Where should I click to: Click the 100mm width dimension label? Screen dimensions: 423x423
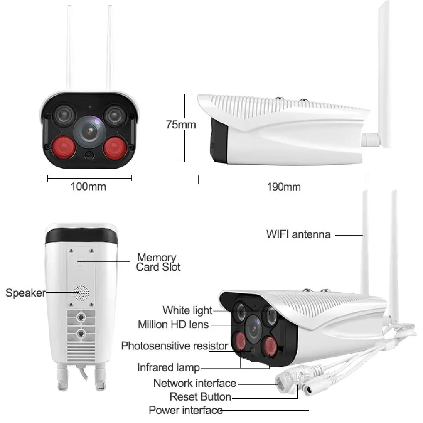pos(88,186)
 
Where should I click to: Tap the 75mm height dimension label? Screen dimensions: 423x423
pos(181,124)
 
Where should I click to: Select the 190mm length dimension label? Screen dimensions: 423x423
pos(284,187)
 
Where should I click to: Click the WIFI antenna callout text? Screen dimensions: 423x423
pos(298,234)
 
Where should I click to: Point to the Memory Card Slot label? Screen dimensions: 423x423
pos(157,262)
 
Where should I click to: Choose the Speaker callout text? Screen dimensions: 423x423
pos(25,292)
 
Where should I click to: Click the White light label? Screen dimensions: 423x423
pos(187,310)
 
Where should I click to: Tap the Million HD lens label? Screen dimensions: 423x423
pos(173,325)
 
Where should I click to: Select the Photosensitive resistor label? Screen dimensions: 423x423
pos(175,346)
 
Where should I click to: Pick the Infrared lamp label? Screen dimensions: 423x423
pos(168,367)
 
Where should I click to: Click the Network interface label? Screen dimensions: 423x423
pos(194,383)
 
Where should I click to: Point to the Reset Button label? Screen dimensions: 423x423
pos(200,397)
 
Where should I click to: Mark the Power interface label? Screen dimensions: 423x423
pos(186,410)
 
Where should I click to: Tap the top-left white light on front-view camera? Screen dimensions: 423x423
pos(63,114)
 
